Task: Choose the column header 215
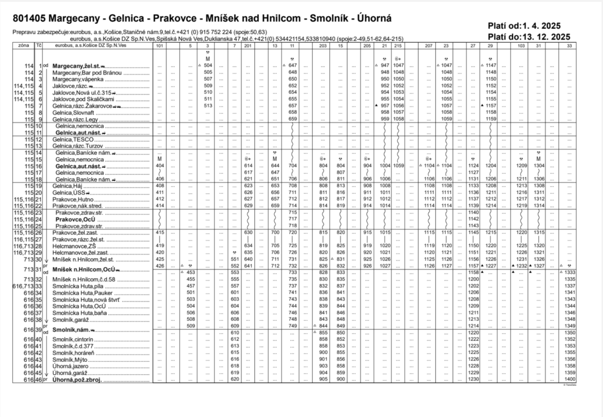(399, 46)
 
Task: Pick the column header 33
(570, 46)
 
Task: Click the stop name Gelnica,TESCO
(69, 140)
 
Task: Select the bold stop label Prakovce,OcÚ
(74, 220)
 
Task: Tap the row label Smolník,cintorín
(73, 339)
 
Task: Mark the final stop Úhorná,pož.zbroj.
(77, 379)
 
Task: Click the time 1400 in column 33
(570, 379)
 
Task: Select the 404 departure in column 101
(160, 166)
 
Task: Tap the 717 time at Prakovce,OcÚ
(292, 219)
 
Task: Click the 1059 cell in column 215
(399, 166)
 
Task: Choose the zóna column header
(23, 46)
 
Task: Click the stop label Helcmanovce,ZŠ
(73, 246)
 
